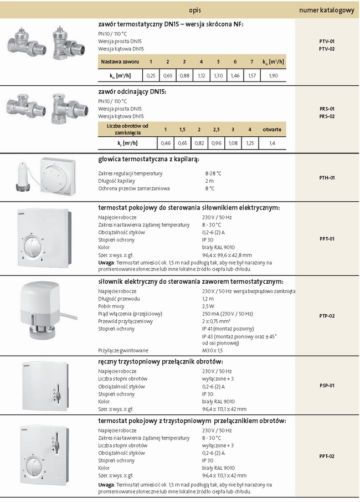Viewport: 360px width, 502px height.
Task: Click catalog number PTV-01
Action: [x=327, y=42]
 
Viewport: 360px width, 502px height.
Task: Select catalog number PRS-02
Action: [x=327, y=116]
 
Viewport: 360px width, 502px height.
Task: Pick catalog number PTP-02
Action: [x=327, y=315]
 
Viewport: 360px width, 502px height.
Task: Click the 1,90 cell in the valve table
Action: [x=273, y=75]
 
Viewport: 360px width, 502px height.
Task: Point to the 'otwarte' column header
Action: [x=271, y=129]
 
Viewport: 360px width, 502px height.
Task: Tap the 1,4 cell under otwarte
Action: [x=271, y=144]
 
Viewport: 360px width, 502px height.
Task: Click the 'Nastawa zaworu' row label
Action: [x=120, y=61]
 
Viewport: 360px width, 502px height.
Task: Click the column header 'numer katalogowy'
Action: [x=327, y=11]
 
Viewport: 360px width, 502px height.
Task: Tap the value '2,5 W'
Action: [x=208, y=306]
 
